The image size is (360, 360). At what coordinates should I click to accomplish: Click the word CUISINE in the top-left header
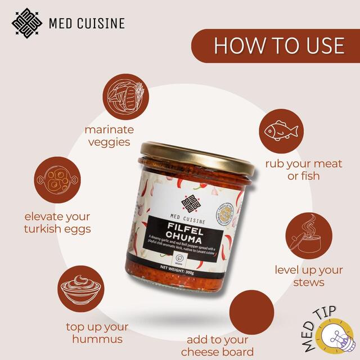[100, 24]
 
